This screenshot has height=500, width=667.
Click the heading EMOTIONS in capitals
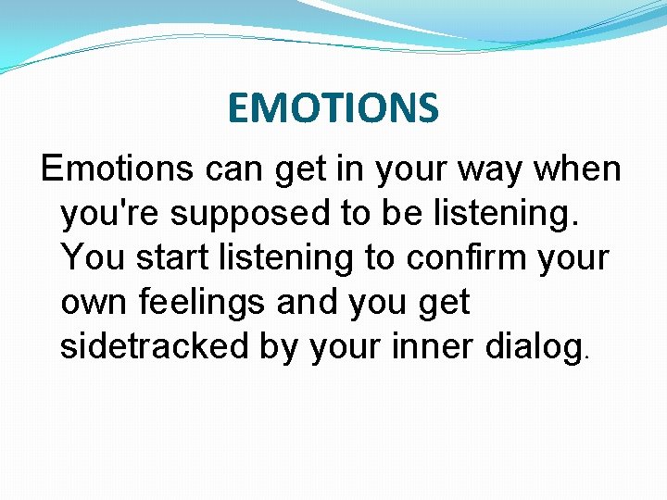(x=333, y=107)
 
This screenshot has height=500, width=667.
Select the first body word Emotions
(x=118, y=169)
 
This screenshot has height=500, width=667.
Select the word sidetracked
(x=148, y=347)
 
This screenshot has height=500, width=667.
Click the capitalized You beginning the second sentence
(x=94, y=258)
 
